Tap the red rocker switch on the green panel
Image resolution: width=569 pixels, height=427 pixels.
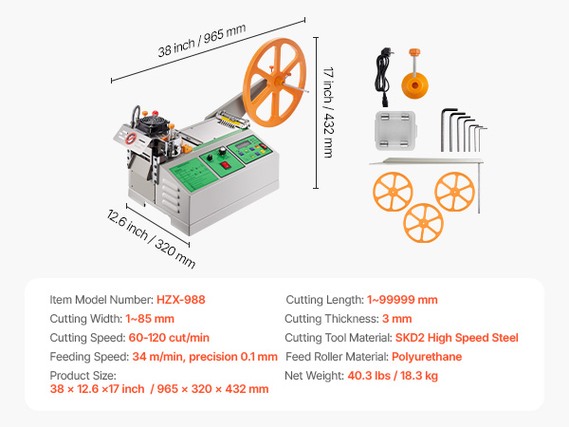click(x=226, y=165)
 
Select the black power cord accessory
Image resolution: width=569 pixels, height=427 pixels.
click(x=383, y=77)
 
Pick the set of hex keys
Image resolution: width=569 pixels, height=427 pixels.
click(x=464, y=130)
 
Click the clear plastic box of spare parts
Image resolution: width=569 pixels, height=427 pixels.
click(x=395, y=130)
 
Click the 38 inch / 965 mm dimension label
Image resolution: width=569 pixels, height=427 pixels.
click(x=202, y=40)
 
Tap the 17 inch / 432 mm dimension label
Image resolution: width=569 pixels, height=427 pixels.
click(x=328, y=112)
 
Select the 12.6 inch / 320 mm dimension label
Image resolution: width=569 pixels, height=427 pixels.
click(x=151, y=238)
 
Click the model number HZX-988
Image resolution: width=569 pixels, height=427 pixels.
click(x=181, y=300)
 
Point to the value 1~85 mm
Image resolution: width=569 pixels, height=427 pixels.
click(x=150, y=319)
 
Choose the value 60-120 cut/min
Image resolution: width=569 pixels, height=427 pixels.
click(x=169, y=338)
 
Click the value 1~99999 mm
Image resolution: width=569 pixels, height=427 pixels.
click(x=402, y=300)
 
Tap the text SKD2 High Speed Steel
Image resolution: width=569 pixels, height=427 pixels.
click(x=456, y=338)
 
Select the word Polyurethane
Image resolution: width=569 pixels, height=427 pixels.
click(x=427, y=357)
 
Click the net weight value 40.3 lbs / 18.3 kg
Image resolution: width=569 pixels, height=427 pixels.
click(x=393, y=376)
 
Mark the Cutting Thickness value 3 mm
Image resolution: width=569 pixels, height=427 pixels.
click(x=397, y=319)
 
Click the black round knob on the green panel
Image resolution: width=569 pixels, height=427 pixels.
click(x=222, y=152)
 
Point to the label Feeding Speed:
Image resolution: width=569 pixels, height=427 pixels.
click(x=89, y=357)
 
